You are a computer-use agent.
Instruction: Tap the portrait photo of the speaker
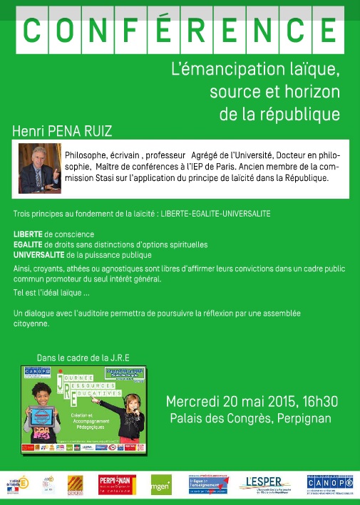[x=39, y=170]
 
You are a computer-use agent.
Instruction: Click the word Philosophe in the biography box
[x=88, y=155]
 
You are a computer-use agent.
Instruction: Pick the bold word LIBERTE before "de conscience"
[x=28, y=234]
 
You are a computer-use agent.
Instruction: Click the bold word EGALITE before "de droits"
[x=28, y=244]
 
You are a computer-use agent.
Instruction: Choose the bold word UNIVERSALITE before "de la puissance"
[x=41, y=254]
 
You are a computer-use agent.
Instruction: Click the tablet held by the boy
[x=43, y=416]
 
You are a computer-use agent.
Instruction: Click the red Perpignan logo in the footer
[x=115, y=484]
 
